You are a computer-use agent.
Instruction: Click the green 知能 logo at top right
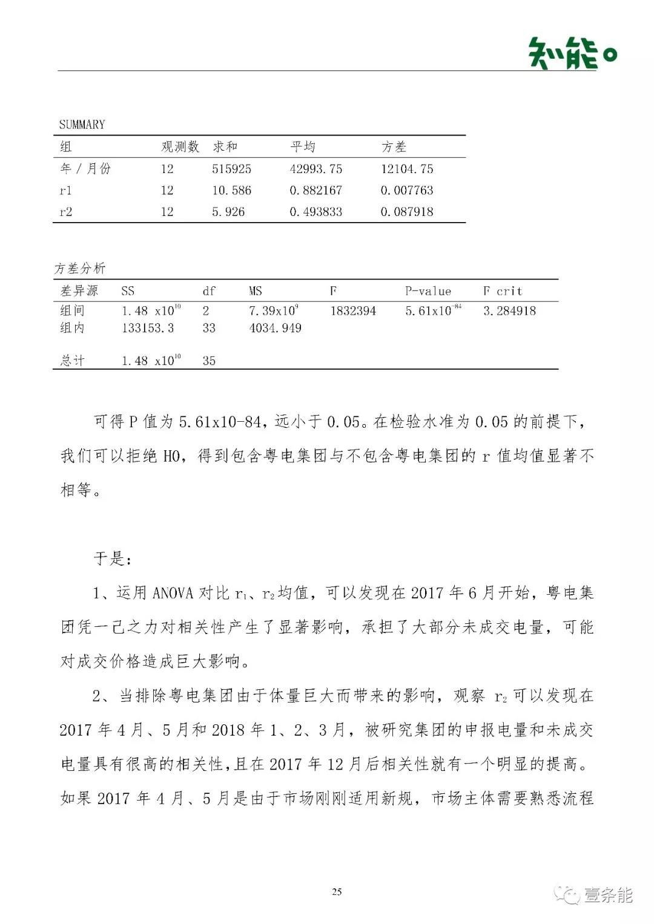572,53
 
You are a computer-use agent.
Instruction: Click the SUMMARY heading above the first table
82,125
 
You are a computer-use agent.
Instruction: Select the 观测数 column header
180,146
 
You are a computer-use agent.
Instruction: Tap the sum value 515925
231,169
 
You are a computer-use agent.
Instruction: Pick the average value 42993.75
315,169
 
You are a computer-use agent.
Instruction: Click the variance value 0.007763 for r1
406,190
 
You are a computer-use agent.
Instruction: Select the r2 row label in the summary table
65,212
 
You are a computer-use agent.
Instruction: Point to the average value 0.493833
315,212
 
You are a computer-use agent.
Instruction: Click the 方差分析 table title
79,268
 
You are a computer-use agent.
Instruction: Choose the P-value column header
428,291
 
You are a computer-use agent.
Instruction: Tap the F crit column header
502,291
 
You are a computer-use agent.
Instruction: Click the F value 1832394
352,311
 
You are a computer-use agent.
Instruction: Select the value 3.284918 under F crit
509,311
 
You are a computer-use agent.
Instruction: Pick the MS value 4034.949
275,328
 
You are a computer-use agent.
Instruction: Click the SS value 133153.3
148,328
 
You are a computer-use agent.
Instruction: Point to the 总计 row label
72,361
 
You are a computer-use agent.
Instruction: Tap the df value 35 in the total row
209,361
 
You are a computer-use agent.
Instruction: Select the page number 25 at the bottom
337,891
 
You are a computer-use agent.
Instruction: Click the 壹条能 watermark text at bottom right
608,895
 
